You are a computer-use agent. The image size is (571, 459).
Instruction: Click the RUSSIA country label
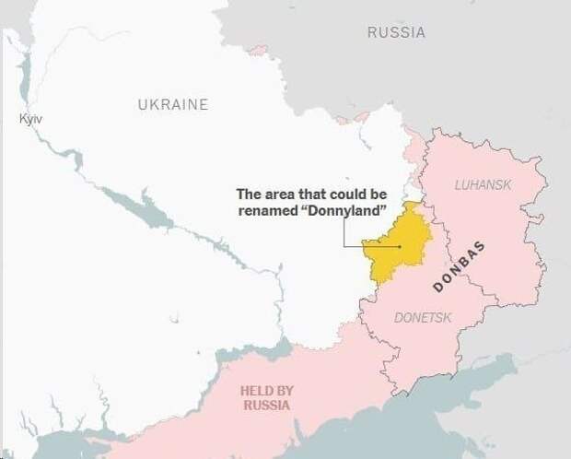[396, 32]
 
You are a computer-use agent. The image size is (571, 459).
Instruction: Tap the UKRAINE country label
[173, 104]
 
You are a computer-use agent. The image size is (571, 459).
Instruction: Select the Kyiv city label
[31, 120]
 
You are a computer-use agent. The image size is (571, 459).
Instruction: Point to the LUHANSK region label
[483, 185]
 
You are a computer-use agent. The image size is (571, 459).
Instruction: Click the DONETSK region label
[423, 317]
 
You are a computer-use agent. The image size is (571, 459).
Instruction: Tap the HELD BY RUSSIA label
[266, 397]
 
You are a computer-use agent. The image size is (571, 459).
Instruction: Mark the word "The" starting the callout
[249, 194]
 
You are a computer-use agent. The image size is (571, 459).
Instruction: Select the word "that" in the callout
[311, 194]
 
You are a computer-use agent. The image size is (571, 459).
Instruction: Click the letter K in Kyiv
[22, 120]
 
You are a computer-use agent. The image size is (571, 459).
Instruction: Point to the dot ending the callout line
[400, 246]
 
